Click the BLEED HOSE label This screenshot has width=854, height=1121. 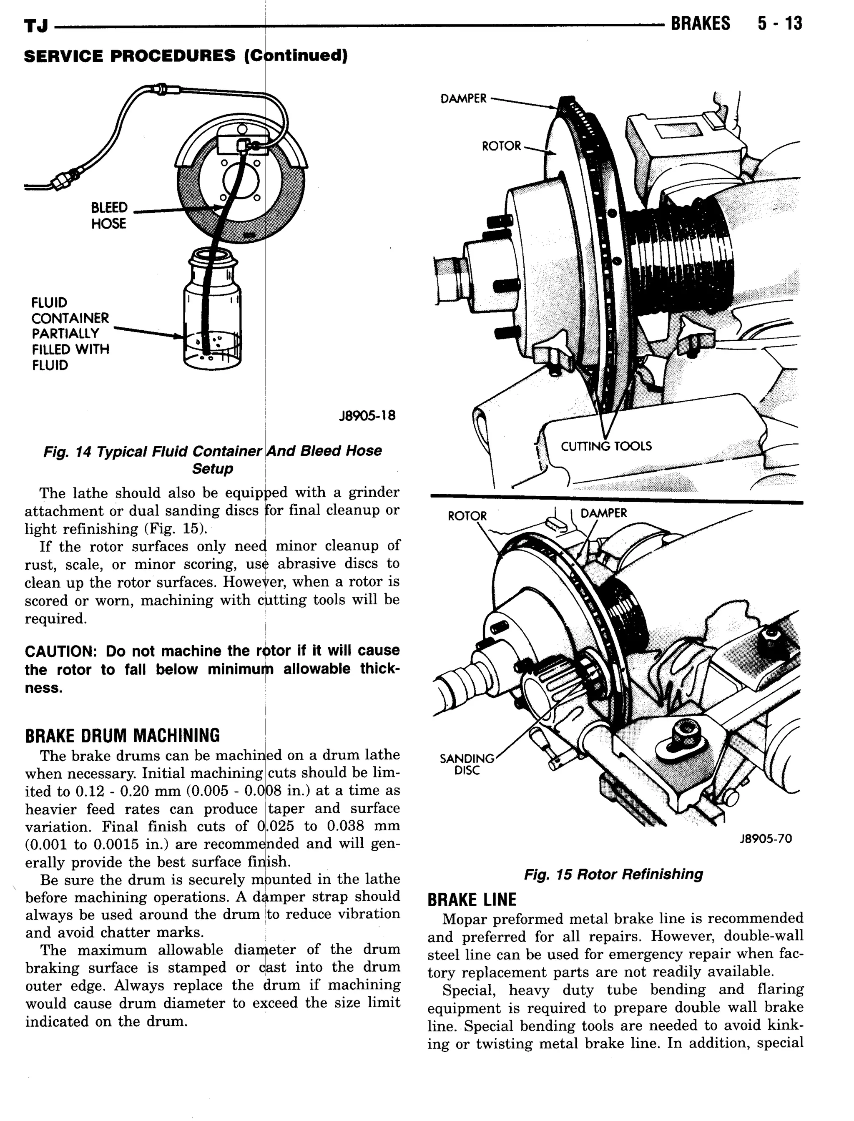coord(109,216)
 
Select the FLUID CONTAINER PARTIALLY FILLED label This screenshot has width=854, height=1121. coord(70,334)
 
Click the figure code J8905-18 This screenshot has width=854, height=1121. coord(367,416)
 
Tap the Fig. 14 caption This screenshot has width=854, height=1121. coord(213,460)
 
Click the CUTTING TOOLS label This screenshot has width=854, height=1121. coord(606,446)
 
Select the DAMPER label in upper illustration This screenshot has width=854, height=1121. coord(463,98)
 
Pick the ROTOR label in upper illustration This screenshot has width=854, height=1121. coord(501,146)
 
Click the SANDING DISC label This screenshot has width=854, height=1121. coord(467,764)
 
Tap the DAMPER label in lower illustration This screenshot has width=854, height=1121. coord(603,513)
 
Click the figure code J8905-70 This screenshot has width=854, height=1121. coord(766,839)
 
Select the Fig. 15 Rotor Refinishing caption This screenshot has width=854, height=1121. coord(613,875)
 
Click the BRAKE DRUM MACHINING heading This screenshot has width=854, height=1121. coord(123,735)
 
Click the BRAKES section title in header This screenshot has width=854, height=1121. coord(700,23)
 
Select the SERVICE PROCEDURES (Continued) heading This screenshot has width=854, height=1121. coord(186,55)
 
